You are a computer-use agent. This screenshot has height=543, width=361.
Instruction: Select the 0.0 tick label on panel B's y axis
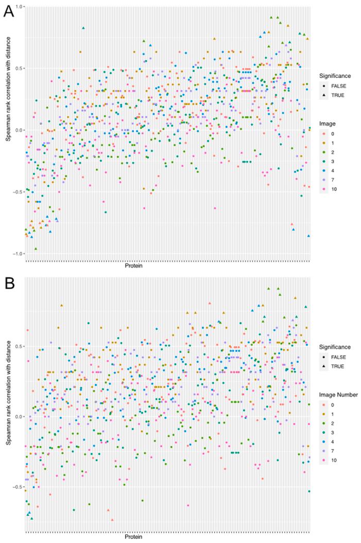click(19, 416)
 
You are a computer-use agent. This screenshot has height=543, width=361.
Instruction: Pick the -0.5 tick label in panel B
click(18, 487)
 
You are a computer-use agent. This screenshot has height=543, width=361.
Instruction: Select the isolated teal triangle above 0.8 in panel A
click(83, 28)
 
